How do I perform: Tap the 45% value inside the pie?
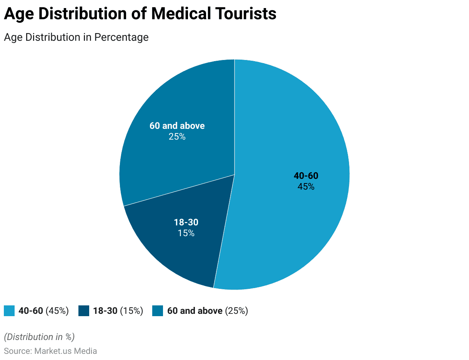[306, 187]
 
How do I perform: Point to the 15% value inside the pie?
[186, 233]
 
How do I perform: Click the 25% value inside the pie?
[177, 137]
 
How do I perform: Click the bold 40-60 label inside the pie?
[306, 176]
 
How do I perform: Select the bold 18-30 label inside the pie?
[186, 222]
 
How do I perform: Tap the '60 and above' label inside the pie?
[177, 126]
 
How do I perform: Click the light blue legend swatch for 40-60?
[9, 311]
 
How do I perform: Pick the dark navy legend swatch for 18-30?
[84, 311]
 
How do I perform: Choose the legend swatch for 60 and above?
[158, 311]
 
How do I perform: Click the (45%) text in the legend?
[57, 311]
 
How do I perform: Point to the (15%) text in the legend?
[131, 311]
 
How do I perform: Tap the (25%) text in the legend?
[236, 311]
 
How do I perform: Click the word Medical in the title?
[181, 14]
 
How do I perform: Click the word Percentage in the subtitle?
[121, 37]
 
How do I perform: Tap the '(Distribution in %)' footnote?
[39, 337]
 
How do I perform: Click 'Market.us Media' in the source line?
[65, 351]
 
